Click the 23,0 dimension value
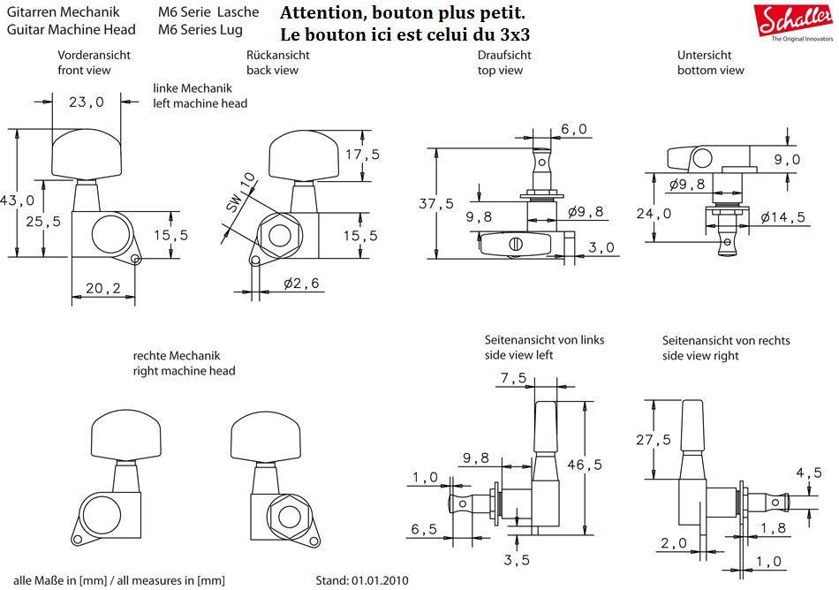click(x=86, y=102)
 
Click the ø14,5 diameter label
click(x=781, y=216)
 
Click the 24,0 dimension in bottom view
click(x=654, y=213)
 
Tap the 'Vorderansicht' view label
click(x=94, y=55)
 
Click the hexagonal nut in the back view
click(x=280, y=236)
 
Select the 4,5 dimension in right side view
click(x=810, y=473)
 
